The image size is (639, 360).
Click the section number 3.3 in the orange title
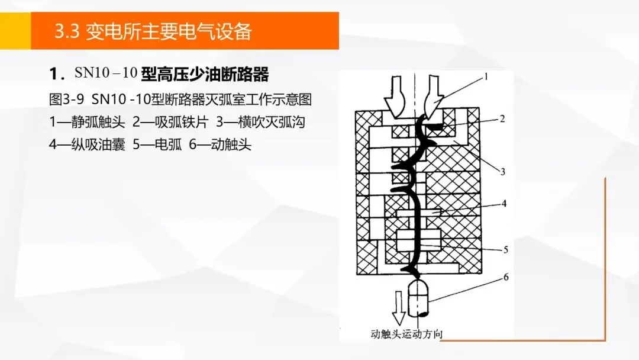point(67,31)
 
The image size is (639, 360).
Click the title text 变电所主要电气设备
point(169,31)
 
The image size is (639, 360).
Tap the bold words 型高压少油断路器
point(205,74)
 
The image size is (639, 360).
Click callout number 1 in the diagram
point(486,76)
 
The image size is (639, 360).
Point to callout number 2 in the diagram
point(502,118)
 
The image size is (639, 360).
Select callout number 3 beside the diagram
point(502,172)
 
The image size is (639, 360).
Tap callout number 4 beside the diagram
point(504,204)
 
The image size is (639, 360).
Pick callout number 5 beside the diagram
point(505,249)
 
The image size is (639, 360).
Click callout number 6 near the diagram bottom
point(505,276)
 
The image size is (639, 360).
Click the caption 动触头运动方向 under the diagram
point(406,334)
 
